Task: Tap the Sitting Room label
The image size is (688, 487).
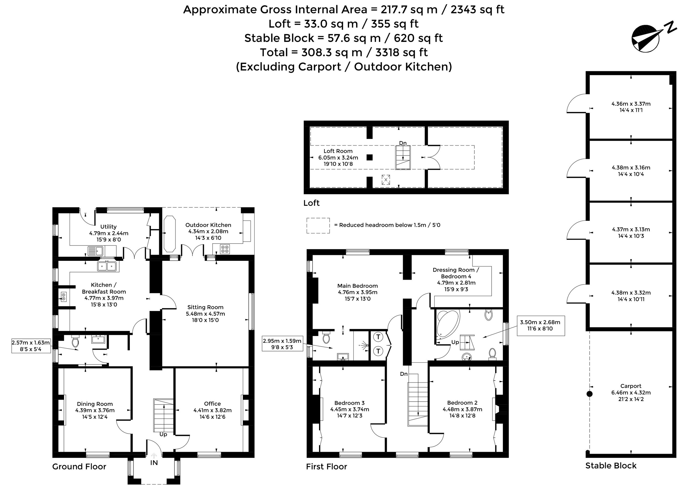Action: pyautogui.click(x=205, y=307)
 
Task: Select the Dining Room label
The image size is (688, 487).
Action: pyautogui.click(x=95, y=404)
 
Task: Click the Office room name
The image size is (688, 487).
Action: pyautogui.click(x=212, y=404)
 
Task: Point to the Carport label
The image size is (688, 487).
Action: pyautogui.click(x=631, y=386)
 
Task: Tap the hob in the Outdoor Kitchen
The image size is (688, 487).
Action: pyautogui.click(x=225, y=249)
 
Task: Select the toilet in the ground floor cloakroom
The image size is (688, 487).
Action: pyautogui.click(x=75, y=342)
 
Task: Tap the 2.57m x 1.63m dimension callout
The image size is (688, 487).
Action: pyautogui.click(x=31, y=346)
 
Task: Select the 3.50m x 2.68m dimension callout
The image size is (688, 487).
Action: pyautogui.click(x=540, y=325)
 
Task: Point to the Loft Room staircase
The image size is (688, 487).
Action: pyautogui.click(x=403, y=158)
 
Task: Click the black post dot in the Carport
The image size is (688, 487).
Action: pyautogui.click(x=589, y=394)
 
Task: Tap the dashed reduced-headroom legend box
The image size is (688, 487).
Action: pyautogui.click(x=318, y=226)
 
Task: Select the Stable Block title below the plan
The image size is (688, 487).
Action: pyautogui.click(x=611, y=466)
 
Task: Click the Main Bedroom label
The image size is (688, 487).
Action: pyautogui.click(x=357, y=286)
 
